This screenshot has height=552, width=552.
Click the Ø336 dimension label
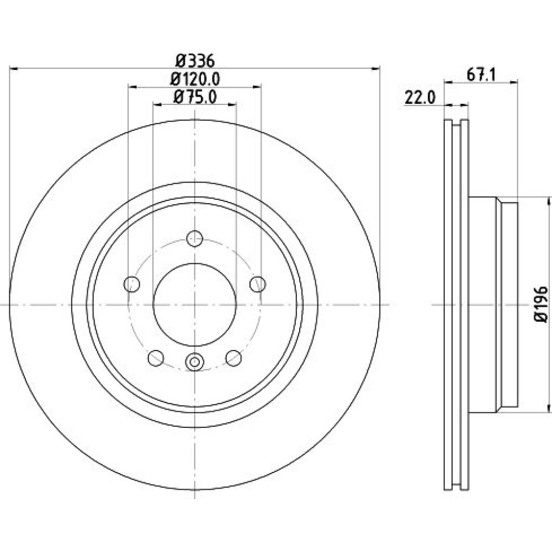click(x=195, y=61)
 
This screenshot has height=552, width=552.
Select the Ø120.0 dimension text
click(x=195, y=79)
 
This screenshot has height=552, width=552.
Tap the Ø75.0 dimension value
click(x=195, y=97)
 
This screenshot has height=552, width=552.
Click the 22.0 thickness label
click(x=420, y=98)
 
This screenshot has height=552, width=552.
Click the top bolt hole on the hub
click(x=195, y=238)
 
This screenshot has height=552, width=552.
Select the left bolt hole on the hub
click(x=132, y=284)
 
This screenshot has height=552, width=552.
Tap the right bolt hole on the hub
click(x=258, y=284)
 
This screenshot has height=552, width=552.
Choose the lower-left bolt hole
click(x=156, y=358)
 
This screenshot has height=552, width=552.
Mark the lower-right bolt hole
click(x=233, y=358)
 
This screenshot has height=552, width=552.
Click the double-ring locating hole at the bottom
click(x=195, y=362)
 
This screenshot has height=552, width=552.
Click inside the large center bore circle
click(x=195, y=305)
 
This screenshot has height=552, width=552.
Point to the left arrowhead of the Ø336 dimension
click(x=13, y=68)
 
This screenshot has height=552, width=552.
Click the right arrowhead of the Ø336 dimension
click(x=376, y=68)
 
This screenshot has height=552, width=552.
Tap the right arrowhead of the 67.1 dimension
click(x=514, y=82)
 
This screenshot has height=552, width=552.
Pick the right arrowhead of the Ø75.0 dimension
click(x=232, y=104)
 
